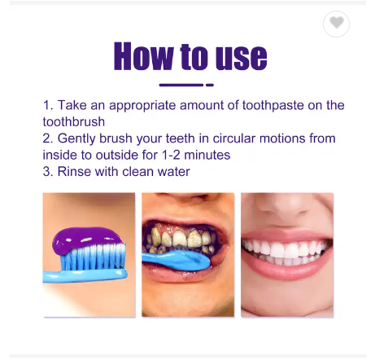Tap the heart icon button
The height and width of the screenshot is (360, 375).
(x=336, y=24)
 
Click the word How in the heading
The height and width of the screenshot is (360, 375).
(x=144, y=56)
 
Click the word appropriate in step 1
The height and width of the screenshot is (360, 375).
(x=142, y=106)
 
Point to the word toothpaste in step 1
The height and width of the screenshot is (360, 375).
(x=273, y=106)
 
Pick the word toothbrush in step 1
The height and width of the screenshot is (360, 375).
(x=74, y=121)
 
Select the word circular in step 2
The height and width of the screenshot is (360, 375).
(x=234, y=138)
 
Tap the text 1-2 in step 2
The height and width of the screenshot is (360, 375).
(x=171, y=155)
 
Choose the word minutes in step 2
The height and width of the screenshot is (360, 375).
(x=207, y=155)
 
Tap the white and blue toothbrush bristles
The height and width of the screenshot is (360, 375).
(x=93, y=257)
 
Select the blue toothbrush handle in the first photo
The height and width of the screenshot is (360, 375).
(x=85, y=275)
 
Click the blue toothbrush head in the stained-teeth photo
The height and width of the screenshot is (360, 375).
(x=177, y=260)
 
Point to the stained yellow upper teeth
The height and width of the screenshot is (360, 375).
(x=180, y=238)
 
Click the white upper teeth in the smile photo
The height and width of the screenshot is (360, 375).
(x=285, y=248)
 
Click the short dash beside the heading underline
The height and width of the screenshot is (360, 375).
(x=210, y=85)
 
